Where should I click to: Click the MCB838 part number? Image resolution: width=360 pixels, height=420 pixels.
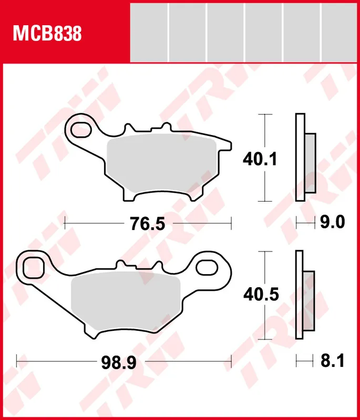pos(47,34)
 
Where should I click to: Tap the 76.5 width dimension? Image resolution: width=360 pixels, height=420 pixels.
pos(148,224)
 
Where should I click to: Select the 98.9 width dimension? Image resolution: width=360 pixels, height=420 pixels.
pos(119,363)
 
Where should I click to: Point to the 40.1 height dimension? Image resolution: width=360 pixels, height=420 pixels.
pos(260,159)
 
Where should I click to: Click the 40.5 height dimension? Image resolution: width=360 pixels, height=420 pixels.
pos(261,294)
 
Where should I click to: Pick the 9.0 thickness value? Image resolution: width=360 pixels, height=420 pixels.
pos(332,222)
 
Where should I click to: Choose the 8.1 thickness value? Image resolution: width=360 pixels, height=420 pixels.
pos(332,361)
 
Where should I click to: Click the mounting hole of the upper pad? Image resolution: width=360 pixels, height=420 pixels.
pos(81,130)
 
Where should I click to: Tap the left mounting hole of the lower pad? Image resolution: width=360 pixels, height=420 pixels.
pos(34,267)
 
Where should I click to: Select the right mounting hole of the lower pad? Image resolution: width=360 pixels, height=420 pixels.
pos(207,268)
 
